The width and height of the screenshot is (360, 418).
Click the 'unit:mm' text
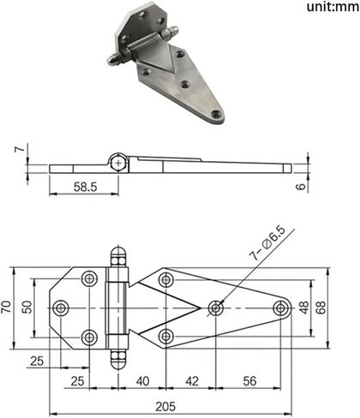pos(333,7)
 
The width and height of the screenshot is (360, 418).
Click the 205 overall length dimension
pos(165,406)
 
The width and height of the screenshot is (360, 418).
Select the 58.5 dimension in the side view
pos(85,187)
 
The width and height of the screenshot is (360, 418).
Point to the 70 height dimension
pos(6,307)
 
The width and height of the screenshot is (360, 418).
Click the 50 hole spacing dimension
pos(27,308)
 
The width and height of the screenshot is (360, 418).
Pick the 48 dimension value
pos(304,308)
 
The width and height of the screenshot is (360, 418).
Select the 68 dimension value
pos(321,308)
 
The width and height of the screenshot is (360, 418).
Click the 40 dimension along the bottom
pos(142,381)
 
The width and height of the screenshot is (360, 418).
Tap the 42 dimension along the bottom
pos(192,381)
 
